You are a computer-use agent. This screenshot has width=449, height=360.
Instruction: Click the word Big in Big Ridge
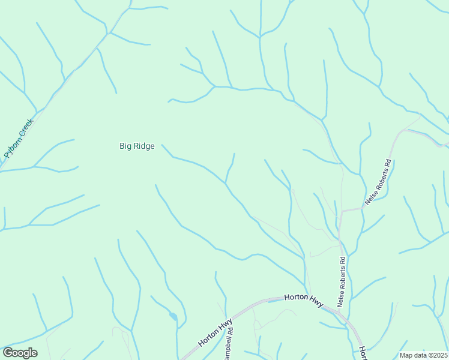tap(126, 146)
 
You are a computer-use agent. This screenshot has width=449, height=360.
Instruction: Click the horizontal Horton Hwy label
tap(304, 298)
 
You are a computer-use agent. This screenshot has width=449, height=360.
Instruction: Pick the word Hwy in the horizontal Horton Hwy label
tap(316, 299)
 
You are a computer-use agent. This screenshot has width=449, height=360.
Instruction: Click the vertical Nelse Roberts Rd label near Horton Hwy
tap(342, 281)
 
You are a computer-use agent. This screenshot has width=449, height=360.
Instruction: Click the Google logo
tap(20, 353)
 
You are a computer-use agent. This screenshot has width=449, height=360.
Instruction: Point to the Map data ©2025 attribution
tap(423, 355)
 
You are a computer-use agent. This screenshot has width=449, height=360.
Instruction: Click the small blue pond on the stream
tap(173, 316)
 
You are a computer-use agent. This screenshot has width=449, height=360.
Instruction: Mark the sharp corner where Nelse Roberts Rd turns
tap(341, 211)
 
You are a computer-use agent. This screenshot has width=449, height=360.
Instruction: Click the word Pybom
tap(13, 146)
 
